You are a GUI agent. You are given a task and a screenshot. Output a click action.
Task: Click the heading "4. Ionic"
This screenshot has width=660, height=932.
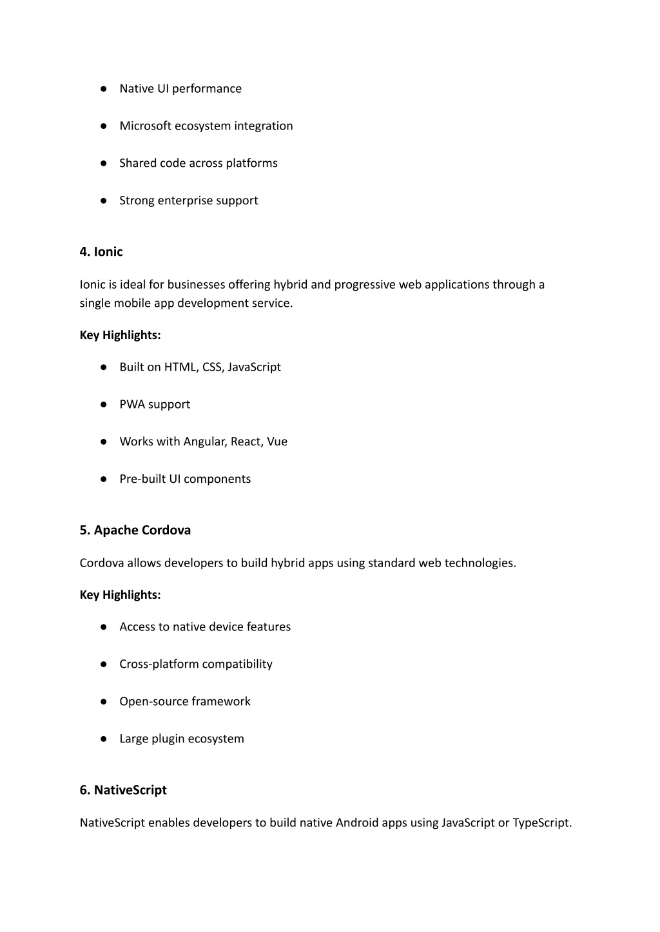[x=101, y=252]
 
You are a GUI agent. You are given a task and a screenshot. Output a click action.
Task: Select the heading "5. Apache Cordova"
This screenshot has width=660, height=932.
[x=135, y=530]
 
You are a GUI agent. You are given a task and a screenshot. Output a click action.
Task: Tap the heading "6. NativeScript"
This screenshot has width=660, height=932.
[x=123, y=790]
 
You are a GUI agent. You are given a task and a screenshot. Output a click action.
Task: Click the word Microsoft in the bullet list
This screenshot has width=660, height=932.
[x=145, y=126]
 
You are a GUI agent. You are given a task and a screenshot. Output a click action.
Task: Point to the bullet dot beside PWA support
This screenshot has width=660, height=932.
[x=103, y=405]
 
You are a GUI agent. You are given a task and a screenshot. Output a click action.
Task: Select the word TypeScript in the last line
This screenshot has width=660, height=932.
[x=541, y=823]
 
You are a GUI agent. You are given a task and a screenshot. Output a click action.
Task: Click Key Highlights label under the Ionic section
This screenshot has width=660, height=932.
[x=121, y=335]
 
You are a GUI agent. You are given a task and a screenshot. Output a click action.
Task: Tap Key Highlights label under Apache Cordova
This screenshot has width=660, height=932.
[x=121, y=595]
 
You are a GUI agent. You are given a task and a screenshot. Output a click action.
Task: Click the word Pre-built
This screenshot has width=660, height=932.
[x=142, y=480]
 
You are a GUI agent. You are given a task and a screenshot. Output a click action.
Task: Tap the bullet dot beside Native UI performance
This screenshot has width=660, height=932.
[x=103, y=89]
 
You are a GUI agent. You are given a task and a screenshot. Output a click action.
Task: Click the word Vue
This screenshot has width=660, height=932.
[x=277, y=442]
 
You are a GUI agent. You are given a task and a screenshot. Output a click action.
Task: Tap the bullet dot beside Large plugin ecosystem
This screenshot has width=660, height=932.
[x=103, y=739]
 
